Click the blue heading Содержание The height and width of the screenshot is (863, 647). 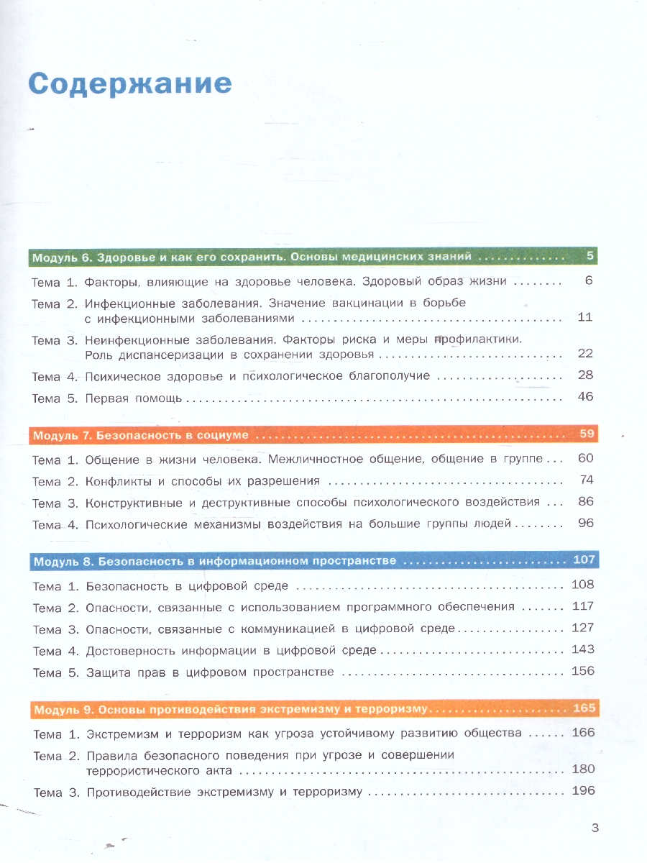(x=130, y=84)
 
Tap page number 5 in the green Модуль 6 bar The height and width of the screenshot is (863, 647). (x=589, y=256)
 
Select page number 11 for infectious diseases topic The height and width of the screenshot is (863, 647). (x=584, y=317)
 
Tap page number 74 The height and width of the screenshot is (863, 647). (x=586, y=480)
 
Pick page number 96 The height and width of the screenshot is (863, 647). (x=585, y=523)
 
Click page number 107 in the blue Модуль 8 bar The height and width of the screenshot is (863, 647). (x=584, y=560)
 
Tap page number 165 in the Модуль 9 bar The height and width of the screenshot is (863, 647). (x=584, y=708)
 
